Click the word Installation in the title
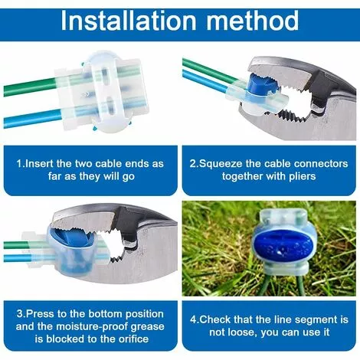click(129, 21)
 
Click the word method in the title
click(253, 21)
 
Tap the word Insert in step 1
click(40, 164)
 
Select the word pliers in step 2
click(303, 176)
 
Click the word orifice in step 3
click(133, 339)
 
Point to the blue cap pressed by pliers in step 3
click(71, 238)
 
